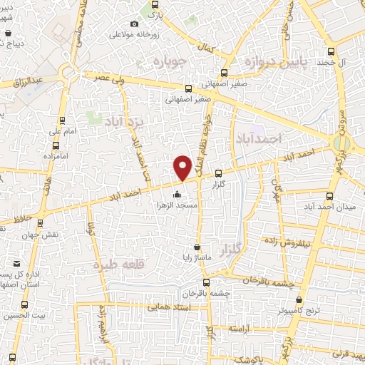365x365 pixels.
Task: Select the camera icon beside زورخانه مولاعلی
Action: point(135,24)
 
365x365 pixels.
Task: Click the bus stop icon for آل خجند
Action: point(331,51)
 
